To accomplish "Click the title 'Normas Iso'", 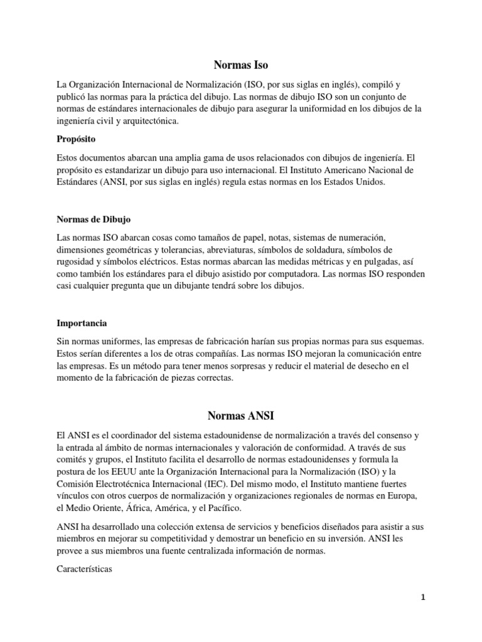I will (x=240, y=64).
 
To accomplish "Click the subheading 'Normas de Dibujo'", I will (x=94, y=219).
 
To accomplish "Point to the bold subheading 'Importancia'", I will (x=82, y=324).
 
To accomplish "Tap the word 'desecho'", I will (x=373, y=366).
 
